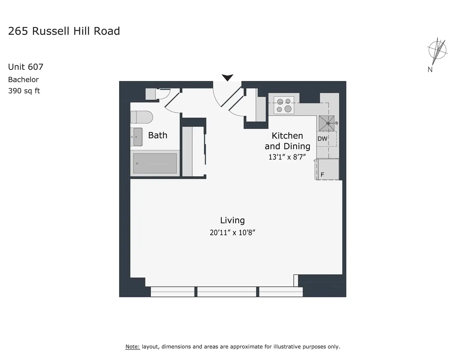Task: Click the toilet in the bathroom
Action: coord(142,117)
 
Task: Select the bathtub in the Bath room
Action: coord(155,163)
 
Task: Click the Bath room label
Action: coord(158,135)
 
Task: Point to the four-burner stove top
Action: coord(284,105)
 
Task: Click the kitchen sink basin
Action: coord(326,123)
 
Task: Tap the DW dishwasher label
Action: coord(322,139)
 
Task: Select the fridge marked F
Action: coord(327,169)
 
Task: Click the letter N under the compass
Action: coord(430,70)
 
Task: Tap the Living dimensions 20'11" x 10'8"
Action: coord(232,233)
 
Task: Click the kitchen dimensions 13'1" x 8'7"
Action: coord(287,157)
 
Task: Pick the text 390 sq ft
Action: coord(24,91)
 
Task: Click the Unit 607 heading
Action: coord(26,67)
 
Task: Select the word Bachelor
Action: coord(23,80)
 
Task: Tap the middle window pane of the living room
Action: coord(227,292)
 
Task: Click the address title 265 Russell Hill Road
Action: coord(64,31)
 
